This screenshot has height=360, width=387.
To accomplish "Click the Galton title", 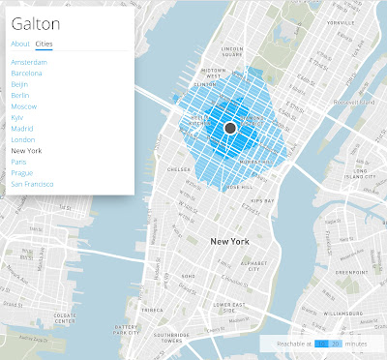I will point(35,23).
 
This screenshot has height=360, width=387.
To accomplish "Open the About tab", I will point(19,45).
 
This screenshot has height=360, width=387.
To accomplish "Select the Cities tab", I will point(44,45).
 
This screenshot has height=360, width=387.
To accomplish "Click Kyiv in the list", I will point(18,117).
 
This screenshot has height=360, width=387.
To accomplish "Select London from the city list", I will point(22,139).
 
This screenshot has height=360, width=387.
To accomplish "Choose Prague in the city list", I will point(22,172).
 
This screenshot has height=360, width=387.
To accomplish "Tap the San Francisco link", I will point(33,184).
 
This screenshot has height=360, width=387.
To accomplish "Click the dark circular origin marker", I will point(230,128).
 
